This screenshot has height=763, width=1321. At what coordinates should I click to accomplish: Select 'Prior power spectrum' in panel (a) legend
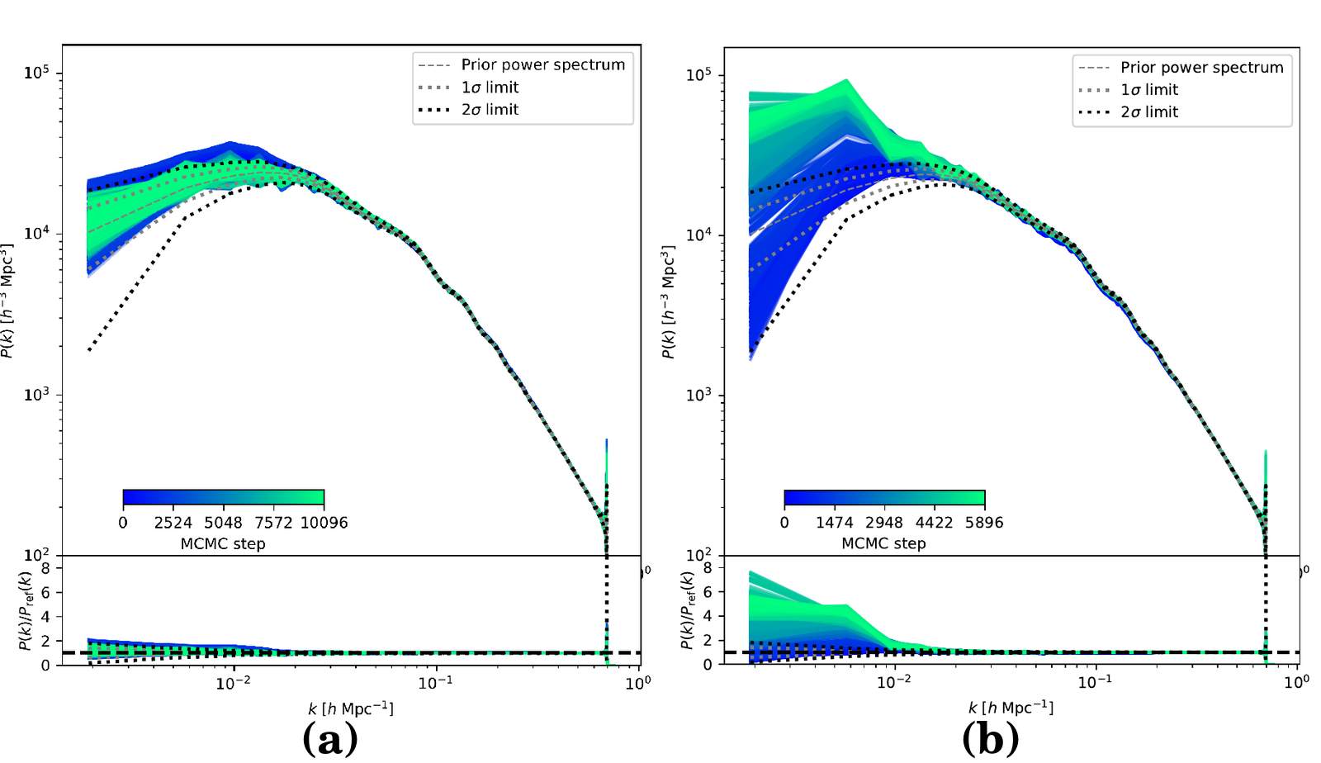coord(542,64)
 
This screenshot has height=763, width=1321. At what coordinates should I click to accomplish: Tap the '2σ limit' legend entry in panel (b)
coord(1148,112)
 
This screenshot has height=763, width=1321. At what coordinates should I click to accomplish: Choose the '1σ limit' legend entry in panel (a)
coord(490,88)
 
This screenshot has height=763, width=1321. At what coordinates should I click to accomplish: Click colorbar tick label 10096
coord(324,523)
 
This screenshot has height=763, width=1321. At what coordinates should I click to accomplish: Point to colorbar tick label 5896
coord(983,523)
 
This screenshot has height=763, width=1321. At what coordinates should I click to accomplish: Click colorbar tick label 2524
coord(173,523)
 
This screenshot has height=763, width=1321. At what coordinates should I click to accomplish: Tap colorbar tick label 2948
coord(883,523)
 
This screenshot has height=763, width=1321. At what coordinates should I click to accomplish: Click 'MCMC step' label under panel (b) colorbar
coord(883,543)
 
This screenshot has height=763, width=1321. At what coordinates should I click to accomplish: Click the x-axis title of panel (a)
coord(350,708)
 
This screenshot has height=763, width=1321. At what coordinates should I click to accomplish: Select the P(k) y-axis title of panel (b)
coord(668,301)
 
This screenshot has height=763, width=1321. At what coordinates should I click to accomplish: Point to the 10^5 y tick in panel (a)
coord(36,73)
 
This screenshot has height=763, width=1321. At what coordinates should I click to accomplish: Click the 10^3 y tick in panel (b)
coord(698,395)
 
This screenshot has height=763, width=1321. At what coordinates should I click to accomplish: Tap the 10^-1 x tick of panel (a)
coord(435,683)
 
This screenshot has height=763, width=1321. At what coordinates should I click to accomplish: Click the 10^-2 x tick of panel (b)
coord(893,682)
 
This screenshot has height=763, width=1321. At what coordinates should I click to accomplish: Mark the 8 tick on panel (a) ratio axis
coord(45,568)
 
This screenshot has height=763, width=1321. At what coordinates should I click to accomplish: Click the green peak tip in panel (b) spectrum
coord(847,81)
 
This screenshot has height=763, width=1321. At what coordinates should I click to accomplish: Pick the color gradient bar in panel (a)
coord(223,498)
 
